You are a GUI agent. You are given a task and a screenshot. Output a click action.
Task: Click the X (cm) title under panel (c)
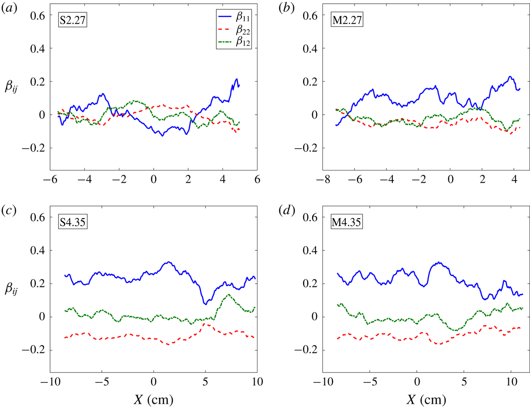point(153,399)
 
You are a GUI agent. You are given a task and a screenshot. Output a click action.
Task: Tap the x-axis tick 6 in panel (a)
point(257,179)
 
